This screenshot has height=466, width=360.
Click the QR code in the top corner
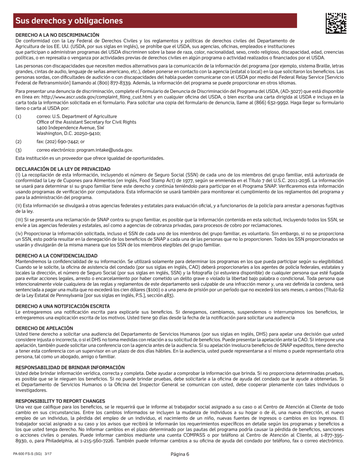coord(336,23)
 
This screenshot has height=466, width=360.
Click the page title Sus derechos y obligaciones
coord(69,21)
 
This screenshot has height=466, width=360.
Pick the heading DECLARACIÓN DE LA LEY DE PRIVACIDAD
coord(63,169)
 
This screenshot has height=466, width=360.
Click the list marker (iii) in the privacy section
coord(19,219)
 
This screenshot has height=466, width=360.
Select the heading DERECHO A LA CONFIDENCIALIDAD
coord(56,256)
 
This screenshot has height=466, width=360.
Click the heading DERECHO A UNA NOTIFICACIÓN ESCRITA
coord(63,306)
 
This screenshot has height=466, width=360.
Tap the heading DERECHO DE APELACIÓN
coord(44,328)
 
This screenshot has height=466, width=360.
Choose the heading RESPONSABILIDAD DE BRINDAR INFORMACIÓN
coord(70,367)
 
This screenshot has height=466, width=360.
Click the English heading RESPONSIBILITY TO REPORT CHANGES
coord(60,401)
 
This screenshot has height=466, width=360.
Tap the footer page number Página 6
coord(180,455)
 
